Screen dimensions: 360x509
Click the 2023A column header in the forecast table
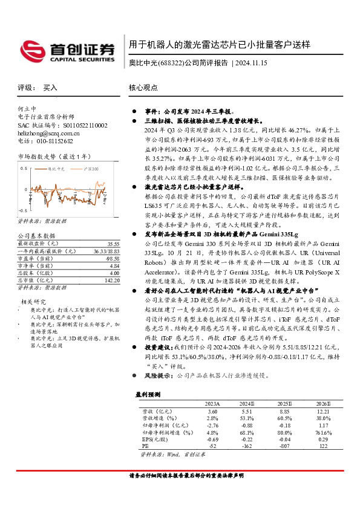(212, 403)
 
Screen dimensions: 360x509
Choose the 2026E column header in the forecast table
(324, 403)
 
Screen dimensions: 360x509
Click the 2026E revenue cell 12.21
(324, 410)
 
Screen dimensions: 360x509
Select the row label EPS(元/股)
(155, 439)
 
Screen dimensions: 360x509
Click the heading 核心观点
(142, 88)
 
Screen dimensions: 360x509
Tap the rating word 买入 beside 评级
(50, 88)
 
